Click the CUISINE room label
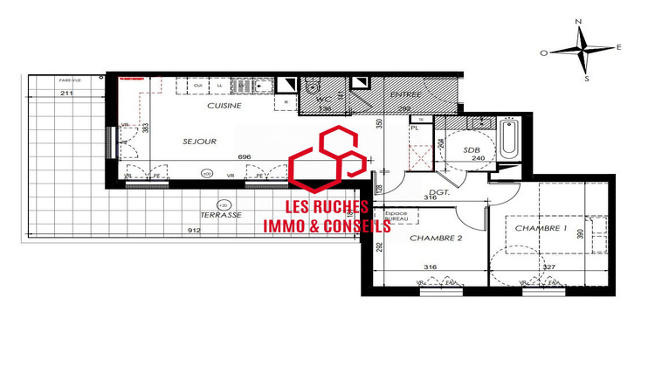pyautogui.click(x=224, y=106)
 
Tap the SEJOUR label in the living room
pyautogui.click(x=199, y=141)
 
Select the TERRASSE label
pyautogui.click(x=220, y=214)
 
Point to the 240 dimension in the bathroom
pyautogui.click(x=477, y=159)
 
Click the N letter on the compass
pyautogui.click(x=578, y=20)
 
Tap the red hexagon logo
pyautogui.click(x=327, y=163)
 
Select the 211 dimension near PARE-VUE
pyautogui.click(x=66, y=92)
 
